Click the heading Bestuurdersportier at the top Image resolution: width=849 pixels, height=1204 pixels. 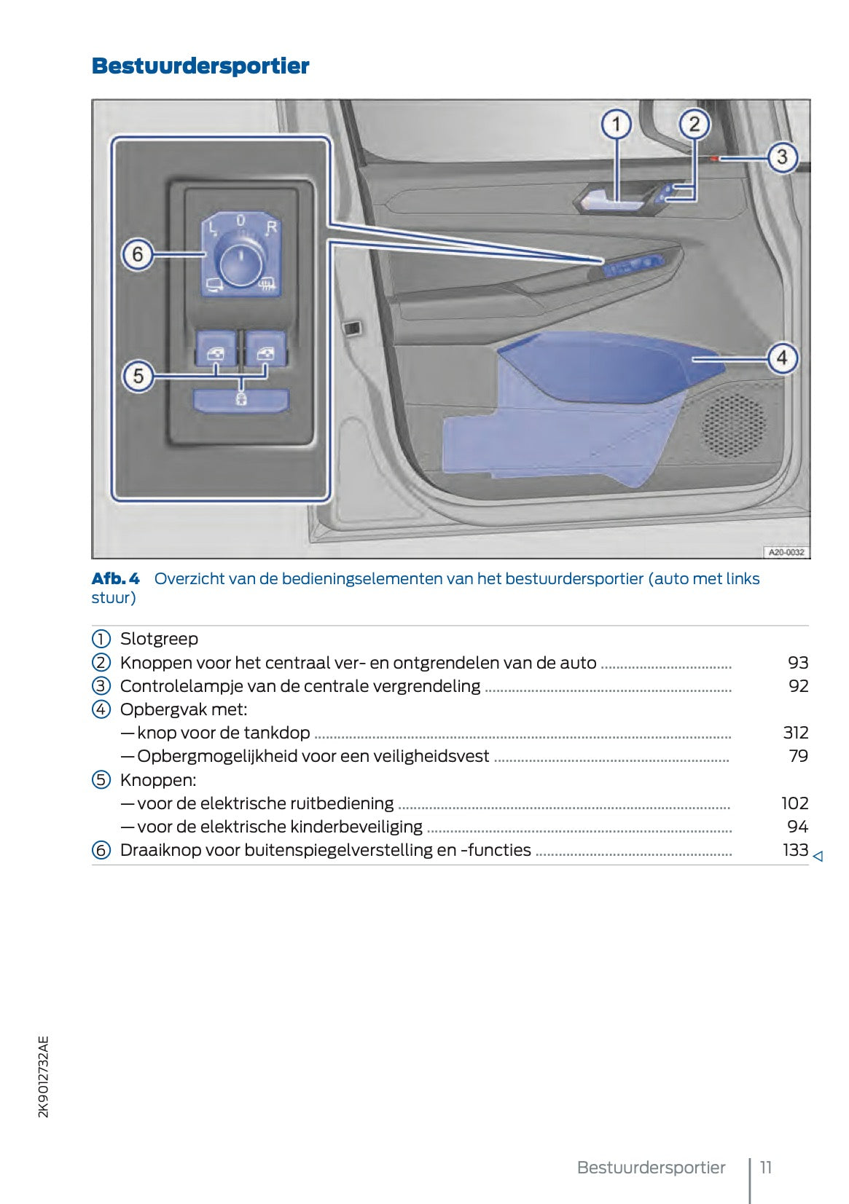200,66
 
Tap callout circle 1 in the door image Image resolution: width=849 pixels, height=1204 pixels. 617,125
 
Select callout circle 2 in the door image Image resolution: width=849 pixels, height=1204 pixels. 694,125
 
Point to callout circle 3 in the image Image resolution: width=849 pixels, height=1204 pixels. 782,157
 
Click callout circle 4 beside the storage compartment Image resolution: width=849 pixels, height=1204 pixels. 782,358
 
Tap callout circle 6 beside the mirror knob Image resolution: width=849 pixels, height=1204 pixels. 138,255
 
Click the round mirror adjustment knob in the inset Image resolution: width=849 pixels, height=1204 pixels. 240,263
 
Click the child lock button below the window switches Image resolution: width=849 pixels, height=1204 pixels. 240,399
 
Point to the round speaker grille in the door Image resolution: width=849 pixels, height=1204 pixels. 733,425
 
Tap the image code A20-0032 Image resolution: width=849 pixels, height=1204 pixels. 786,552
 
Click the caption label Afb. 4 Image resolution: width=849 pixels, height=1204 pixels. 115,579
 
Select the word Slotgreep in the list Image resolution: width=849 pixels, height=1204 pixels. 159,639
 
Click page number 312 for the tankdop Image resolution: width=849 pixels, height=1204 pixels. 795,733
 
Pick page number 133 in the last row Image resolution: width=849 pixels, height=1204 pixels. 795,850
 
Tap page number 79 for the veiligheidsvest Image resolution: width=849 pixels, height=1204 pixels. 799,756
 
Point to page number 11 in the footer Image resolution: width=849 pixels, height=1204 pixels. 766,1168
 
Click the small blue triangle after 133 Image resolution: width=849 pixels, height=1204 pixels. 818,857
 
